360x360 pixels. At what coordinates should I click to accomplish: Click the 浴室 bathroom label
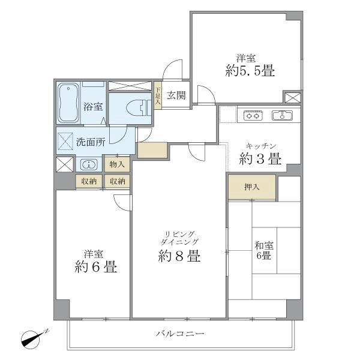tap(93, 107)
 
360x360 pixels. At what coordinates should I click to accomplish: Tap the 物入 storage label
tap(117, 164)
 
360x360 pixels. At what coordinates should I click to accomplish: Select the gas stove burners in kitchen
tap(251, 116)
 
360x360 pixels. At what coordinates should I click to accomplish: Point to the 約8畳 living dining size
tap(179, 257)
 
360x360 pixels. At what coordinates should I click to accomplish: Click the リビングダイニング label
tap(179, 236)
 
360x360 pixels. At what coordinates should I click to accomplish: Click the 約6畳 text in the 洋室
tap(95, 266)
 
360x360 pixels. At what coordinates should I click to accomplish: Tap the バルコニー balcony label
tap(181, 334)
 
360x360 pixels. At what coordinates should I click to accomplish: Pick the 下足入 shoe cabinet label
tap(158, 96)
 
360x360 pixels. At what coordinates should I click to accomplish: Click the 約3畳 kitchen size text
tap(260, 160)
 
